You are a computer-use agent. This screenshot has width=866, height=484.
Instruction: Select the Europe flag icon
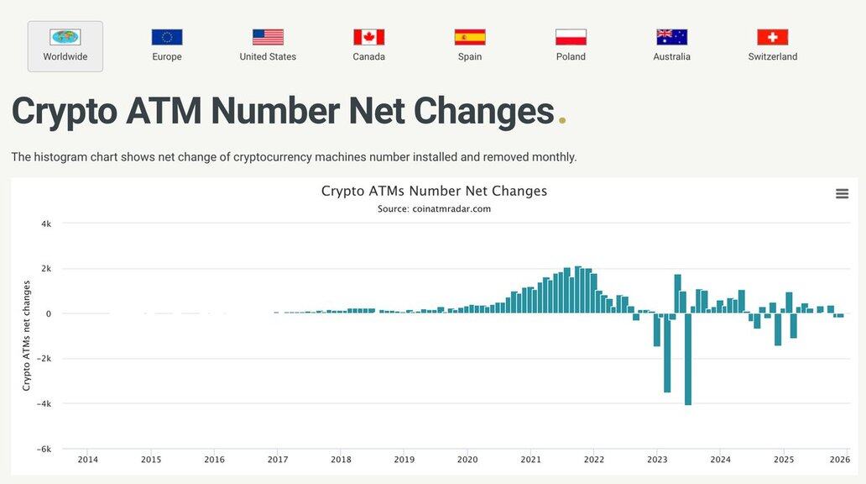[x=167, y=37]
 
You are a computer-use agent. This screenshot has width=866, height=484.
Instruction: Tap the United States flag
[x=268, y=37]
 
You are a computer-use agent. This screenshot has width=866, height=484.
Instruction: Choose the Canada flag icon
[x=368, y=37]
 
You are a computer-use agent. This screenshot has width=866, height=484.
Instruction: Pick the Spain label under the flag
[x=470, y=56]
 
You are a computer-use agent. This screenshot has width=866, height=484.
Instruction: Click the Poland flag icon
[x=571, y=37]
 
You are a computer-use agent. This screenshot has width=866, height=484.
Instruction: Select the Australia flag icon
[x=671, y=37]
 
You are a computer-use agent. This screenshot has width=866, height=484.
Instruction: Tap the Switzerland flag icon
[x=773, y=37]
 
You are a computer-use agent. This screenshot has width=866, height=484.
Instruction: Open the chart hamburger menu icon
[x=842, y=194]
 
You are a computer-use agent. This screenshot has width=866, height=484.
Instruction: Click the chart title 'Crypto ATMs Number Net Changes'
[x=434, y=191]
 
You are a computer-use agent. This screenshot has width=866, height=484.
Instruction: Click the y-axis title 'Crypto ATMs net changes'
[x=27, y=336]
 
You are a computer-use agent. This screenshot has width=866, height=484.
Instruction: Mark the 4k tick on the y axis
[x=46, y=224]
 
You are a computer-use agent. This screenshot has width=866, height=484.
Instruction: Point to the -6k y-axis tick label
[x=44, y=449]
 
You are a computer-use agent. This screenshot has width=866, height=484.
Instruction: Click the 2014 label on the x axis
[x=87, y=460]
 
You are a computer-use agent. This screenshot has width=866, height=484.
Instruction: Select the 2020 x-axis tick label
[x=467, y=460]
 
